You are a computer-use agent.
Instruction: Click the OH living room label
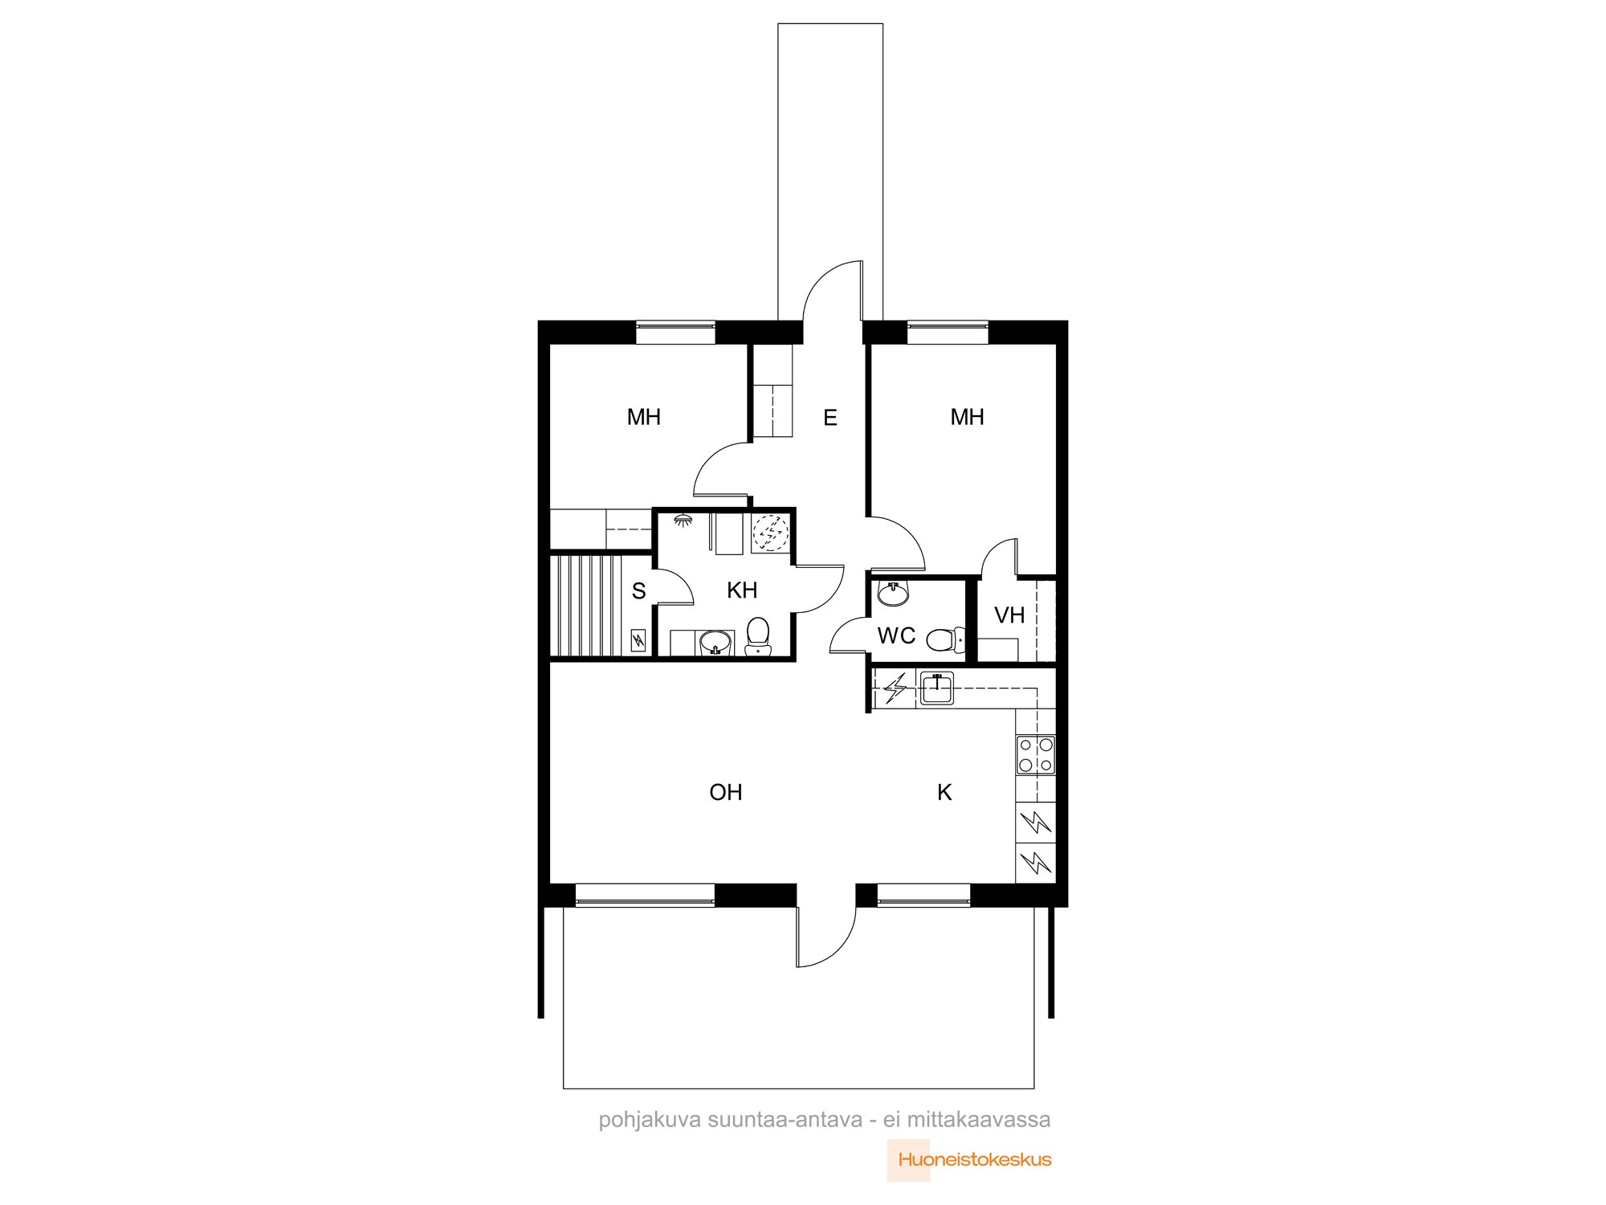(726, 792)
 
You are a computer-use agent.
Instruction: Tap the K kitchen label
(944, 792)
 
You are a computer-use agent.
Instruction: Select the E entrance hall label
(830, 417)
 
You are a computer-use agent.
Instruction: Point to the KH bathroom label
(742, 590)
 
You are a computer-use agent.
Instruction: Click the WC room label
(896, 635)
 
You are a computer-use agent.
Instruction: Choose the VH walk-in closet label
(1009, 615)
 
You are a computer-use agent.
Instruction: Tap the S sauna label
(639, 591)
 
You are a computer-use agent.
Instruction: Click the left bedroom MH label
(644, 417)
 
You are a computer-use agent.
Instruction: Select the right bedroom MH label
(967, 417)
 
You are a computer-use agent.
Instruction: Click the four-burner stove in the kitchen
(1036, 754)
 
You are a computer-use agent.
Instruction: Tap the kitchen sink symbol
(936, 688)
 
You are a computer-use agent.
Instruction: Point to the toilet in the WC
(945, 639)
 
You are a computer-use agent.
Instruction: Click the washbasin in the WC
(893, 593)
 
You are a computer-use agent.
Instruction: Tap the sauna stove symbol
(638, 640)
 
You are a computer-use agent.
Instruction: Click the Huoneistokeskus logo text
(975, 1159)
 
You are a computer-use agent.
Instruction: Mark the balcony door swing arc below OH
(835, 948)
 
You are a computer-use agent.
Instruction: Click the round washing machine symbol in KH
(770, 533)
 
